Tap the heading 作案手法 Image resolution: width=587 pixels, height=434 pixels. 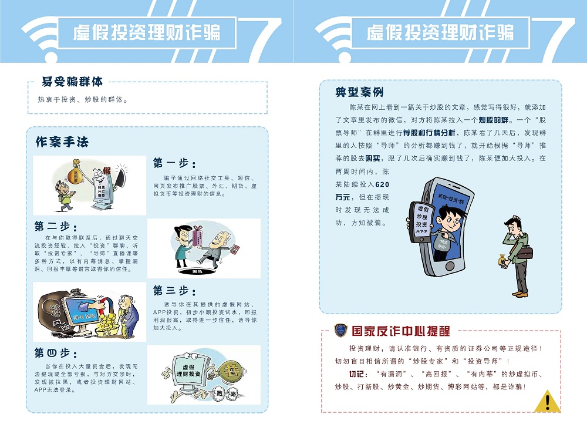(x=61, y=142)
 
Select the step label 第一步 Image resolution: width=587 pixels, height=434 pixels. (x=174, y=163)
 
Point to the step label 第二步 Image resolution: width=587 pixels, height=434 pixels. (x=55, y=226)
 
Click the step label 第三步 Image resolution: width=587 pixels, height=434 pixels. (x=174, y=290)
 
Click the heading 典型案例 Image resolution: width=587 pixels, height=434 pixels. (x=359, y=92)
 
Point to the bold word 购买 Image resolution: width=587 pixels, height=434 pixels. (x=373, y=158)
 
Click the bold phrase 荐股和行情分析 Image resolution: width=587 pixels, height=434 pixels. (x=429, y=133)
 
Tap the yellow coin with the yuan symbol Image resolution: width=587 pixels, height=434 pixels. (x=228, y=371)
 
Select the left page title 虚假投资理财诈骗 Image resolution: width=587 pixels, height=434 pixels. (x=147, y=32)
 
